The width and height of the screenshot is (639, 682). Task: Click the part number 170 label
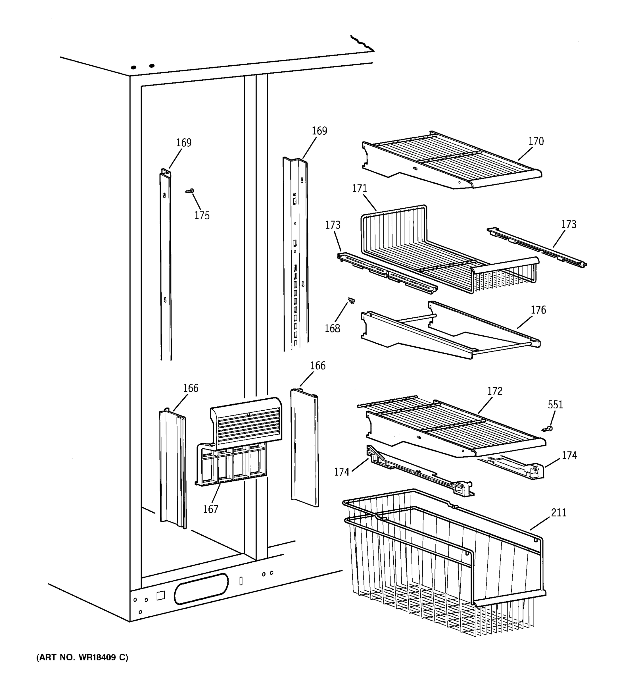[x=536, y=141]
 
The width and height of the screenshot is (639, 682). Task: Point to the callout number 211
[x=558, y=513]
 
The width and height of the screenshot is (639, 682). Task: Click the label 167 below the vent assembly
[x=210, y=509]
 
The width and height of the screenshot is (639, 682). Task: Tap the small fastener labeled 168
[x=351, y=301]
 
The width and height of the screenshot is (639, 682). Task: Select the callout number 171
[x=359, y=189]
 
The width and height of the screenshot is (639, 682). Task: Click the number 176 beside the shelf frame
[x=538, y=310]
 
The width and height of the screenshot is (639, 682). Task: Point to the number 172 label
[x=495, y=391]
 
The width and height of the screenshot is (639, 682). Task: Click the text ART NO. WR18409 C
[x=82, y=657]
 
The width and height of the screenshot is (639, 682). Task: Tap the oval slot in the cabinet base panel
[x=201, y=589]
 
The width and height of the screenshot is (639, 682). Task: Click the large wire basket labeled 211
[x=442, y=563]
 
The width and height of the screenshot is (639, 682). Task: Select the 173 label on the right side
[x=568, y=224]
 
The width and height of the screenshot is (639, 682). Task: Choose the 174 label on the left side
[x=341, y=472]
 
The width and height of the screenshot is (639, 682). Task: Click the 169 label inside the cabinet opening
[x=184, y=143]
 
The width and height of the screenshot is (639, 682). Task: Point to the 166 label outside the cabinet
[x=318, y=366]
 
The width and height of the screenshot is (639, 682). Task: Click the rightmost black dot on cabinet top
[x=152, y=66]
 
